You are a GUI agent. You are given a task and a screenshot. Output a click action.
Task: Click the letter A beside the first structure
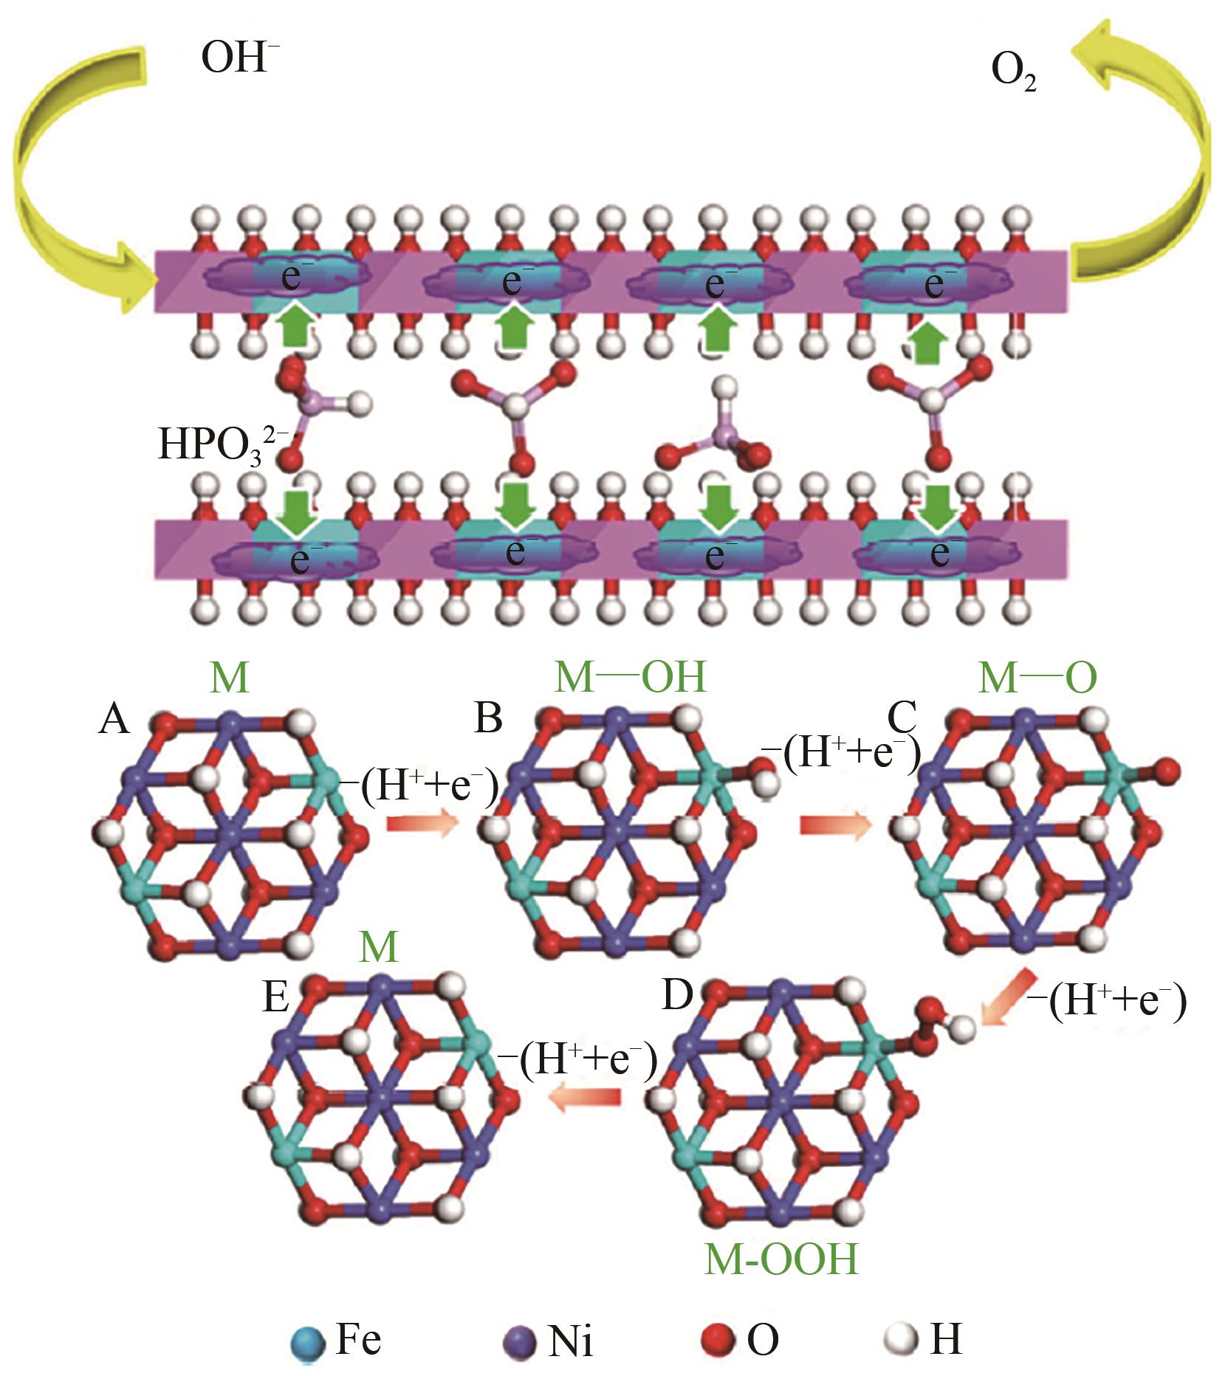pos(114,718)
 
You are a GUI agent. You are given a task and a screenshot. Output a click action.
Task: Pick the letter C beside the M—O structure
pos(902,715)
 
